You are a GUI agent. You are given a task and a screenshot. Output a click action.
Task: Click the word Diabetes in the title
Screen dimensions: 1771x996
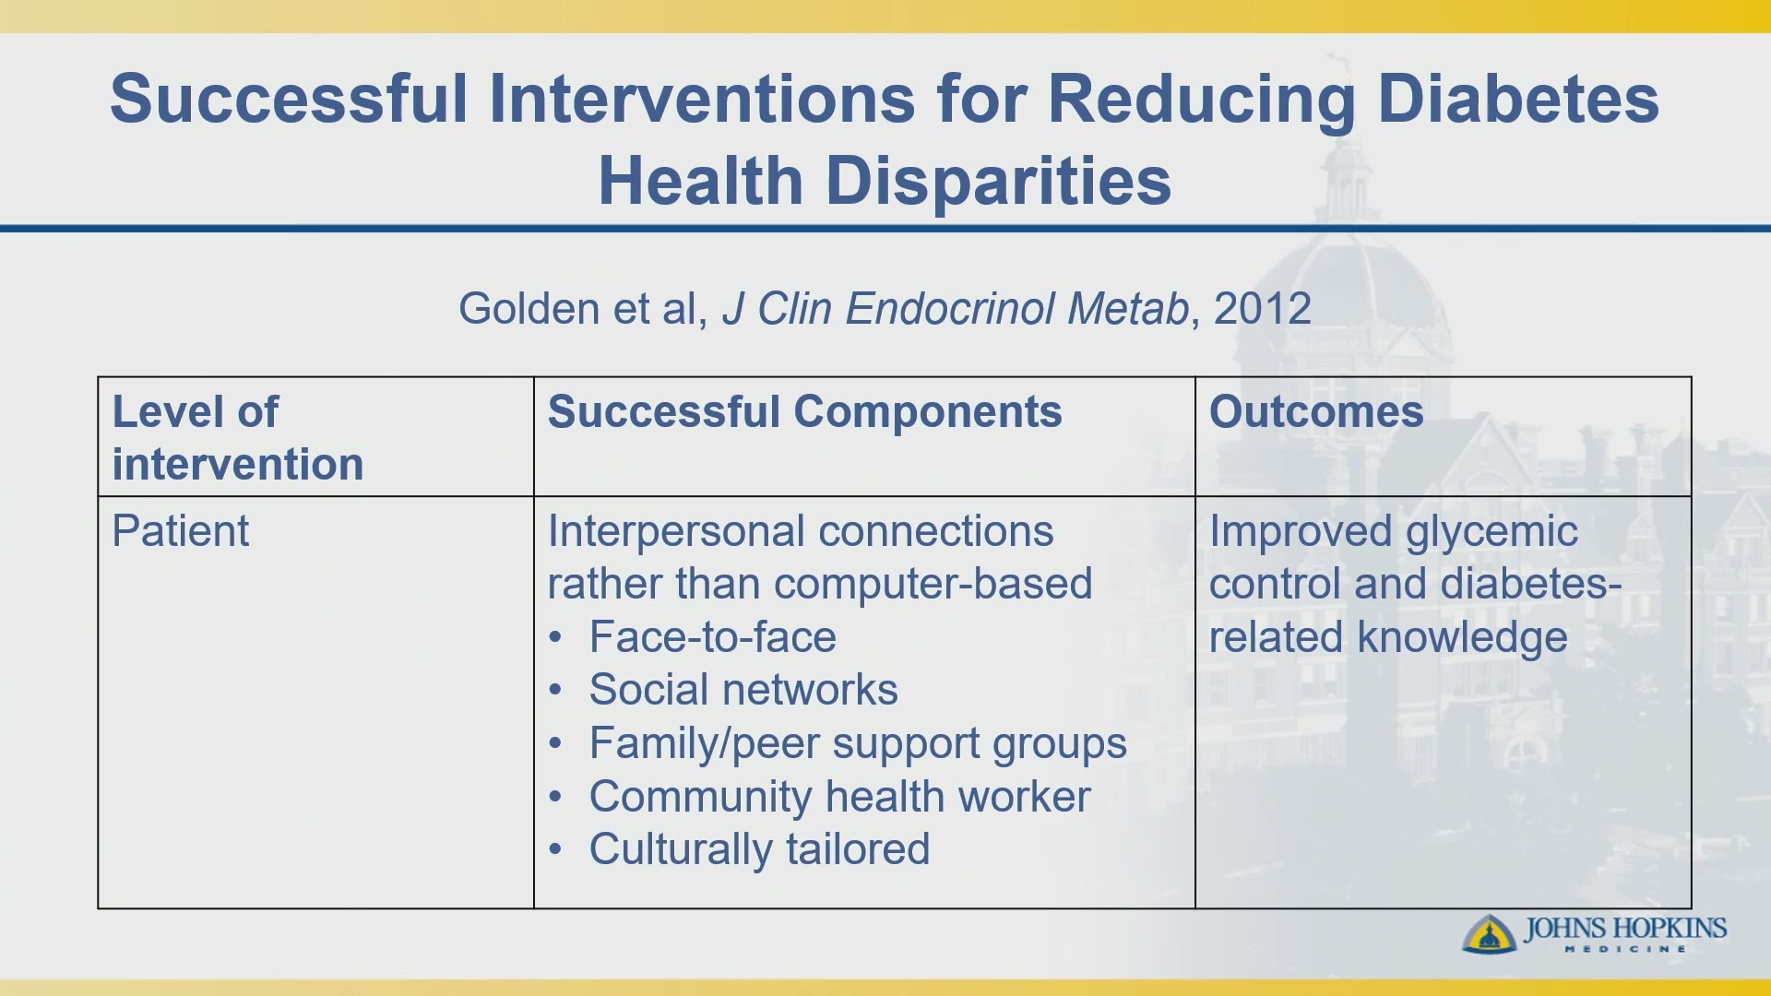tap(1517, 99)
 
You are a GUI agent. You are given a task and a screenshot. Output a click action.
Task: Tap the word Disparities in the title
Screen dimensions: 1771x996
tap(998, 180)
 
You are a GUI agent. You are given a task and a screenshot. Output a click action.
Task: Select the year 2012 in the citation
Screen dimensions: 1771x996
tap(1262, 308)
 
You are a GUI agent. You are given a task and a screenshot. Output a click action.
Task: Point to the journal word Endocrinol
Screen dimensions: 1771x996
tap(950, 308)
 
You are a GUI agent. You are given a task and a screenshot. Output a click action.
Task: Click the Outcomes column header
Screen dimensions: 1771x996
tap(1316, 411)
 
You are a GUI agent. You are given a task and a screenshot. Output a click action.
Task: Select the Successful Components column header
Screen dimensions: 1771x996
tap(804, 412)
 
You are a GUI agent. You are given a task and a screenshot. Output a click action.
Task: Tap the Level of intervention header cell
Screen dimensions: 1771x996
tap(238, 438)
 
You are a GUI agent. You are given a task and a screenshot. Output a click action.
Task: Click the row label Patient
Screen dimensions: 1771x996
tap(181, 531)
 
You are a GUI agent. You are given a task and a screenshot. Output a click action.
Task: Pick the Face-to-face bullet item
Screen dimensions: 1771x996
tap(713, 637)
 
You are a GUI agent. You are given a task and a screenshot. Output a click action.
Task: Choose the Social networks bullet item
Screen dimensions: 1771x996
tap(743, 690)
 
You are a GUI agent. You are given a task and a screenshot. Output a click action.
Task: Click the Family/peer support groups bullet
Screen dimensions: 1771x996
tap(858, 744)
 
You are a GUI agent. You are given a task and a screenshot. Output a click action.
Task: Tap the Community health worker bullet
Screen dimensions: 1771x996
tap(839, 797)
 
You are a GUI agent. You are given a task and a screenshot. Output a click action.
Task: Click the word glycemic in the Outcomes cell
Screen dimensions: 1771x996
tap(1492, 533)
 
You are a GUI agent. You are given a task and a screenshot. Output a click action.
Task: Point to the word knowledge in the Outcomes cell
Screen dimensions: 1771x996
tap(1463, 638)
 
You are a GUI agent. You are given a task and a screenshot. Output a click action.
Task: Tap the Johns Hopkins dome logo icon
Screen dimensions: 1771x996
tap(1489, 933)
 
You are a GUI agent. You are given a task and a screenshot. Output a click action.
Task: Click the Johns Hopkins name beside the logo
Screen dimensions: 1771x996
tap(1625, 928)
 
